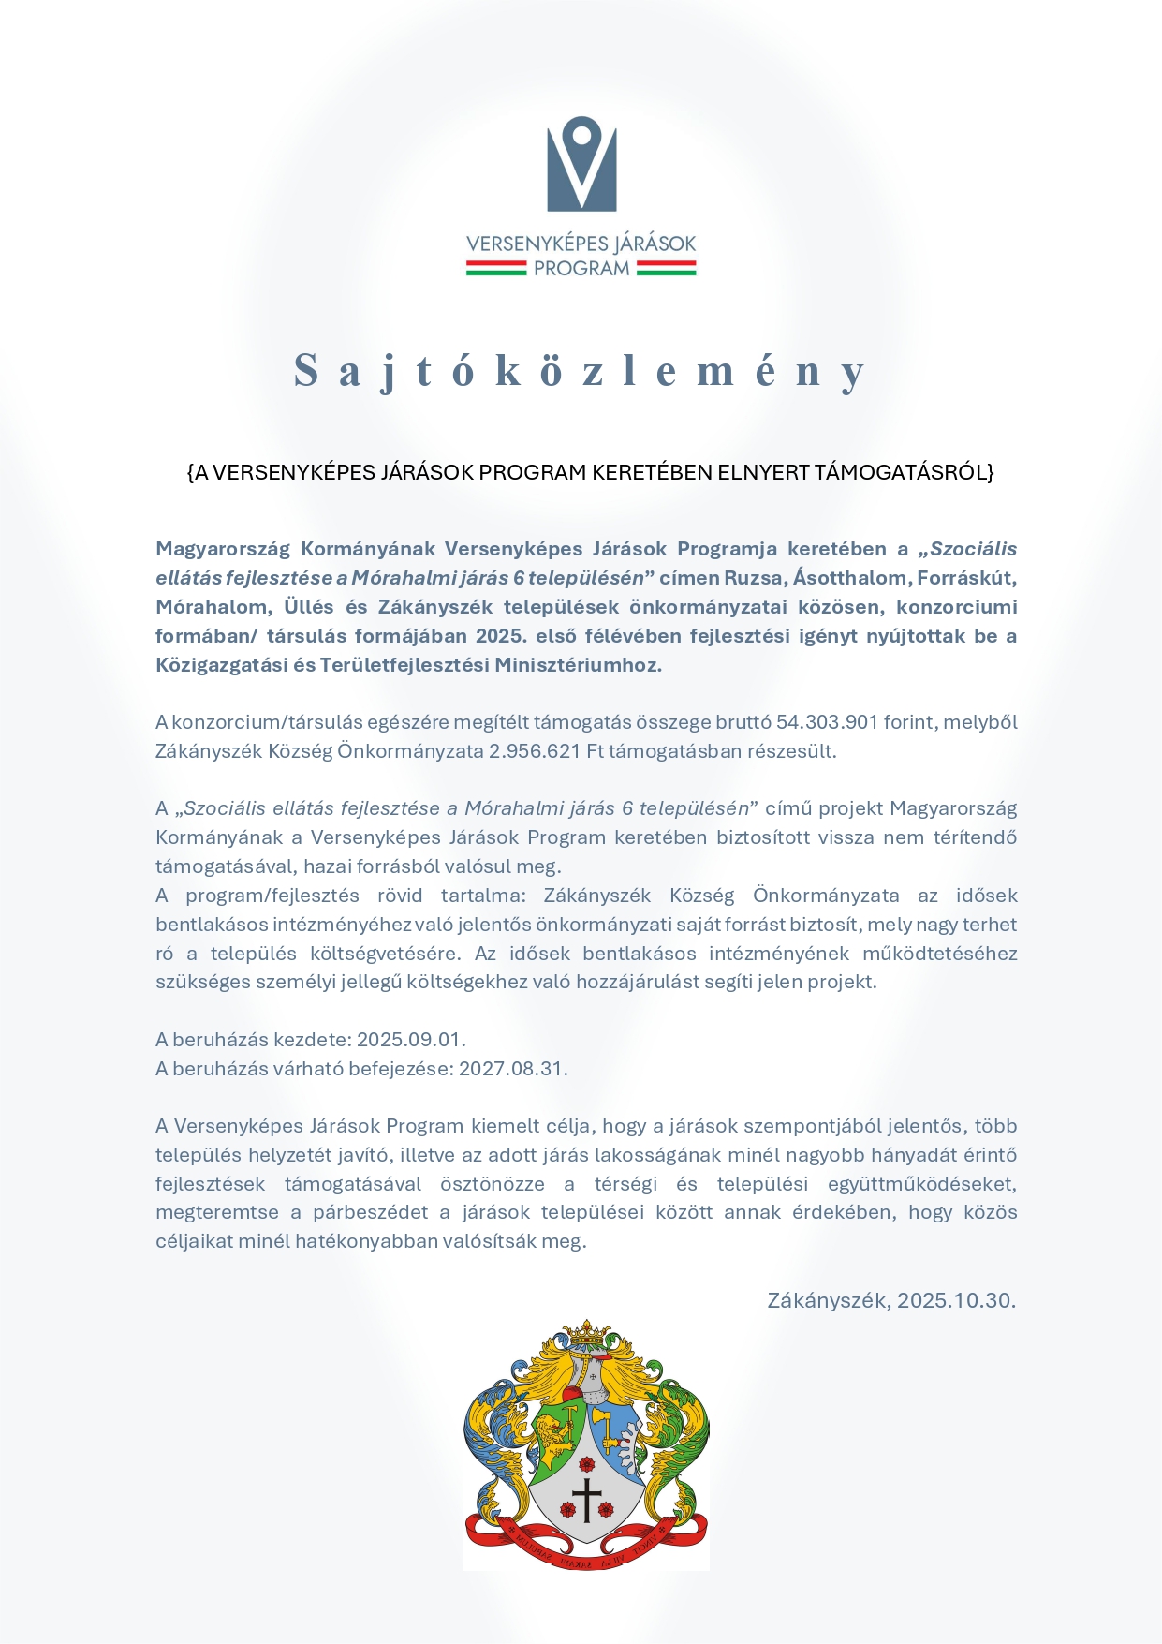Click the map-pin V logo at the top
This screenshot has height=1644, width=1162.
point(581,163)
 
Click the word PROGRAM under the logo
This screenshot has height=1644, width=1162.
point(581,269)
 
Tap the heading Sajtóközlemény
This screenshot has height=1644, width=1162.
point(581,371)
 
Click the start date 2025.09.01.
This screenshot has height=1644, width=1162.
point(411,1040)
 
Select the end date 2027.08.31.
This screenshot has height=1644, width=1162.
point(513,1069)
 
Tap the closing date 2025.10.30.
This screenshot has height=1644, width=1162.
point(956,1300)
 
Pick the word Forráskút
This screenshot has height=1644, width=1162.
point(967,578)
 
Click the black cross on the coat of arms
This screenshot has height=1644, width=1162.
point(586,1500)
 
